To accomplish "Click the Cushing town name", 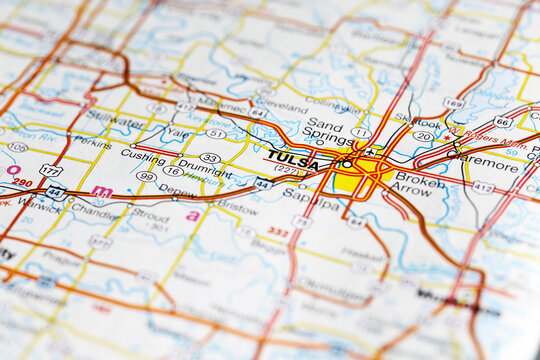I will tap(143, 157).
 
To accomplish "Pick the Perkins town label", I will tap(93, 143).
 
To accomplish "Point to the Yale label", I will tap(176, 131).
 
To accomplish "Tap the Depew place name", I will tap(178, 189).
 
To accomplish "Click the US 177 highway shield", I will tap(50, 170).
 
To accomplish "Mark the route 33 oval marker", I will tap(209, 157).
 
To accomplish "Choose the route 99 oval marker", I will tap(146, 176).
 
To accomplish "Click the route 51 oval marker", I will tap(216, 133).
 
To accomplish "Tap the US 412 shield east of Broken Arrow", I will tap(484, 187).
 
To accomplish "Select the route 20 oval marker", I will tap(423, 136).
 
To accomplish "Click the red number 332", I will tap(277, 232).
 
